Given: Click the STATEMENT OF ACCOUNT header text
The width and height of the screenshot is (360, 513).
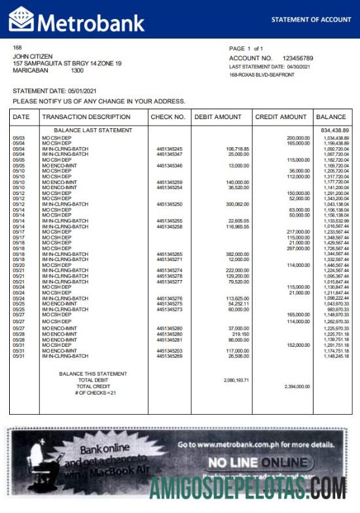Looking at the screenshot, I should tap(311, 20).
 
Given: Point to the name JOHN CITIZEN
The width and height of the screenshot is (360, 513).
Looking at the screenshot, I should tap(33, 56).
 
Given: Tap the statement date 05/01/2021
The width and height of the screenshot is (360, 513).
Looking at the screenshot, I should tap(82, 90).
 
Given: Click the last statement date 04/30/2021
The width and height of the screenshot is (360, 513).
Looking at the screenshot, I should tap(302, 67).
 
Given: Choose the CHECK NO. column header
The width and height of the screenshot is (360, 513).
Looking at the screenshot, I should tap(168, 117).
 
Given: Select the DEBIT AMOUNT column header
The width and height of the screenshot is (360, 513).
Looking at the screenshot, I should tap(218, 117).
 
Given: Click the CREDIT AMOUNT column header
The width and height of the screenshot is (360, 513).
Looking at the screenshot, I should tap(281, 117).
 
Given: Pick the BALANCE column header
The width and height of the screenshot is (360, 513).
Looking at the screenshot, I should tap(331, 117).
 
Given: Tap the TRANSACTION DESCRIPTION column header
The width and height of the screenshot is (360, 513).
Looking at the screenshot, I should tap(86, 117).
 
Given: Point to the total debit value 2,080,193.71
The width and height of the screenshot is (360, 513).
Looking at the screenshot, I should tap(236, 380).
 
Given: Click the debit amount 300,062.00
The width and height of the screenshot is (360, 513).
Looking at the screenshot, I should tap(237, 204).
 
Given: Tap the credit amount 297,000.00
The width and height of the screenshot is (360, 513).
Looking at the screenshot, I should tap(298, 248).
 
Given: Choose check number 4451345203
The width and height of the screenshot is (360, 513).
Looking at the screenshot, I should tap(170, 351).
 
